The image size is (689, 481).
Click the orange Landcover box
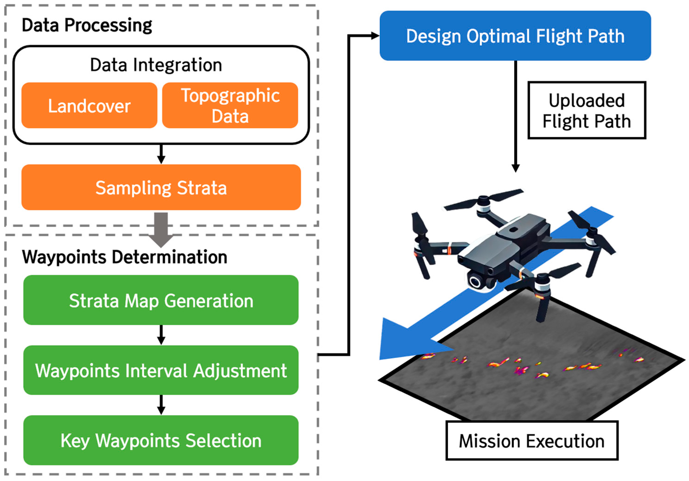pyautogui.click(x=89, y=105)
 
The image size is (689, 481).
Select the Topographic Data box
pyautogui.click(x=230, y=105)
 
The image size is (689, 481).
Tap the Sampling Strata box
pyautogui.click(x=161, y=187)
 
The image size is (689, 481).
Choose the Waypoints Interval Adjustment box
pyautogui.click(x=161, y=370)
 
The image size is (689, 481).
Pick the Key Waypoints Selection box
pyautogui.click(x=161, y=440)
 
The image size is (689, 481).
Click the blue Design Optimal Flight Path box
pyautogui.click(x=515, y=36)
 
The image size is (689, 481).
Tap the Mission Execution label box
pyautogui.click(x=531, y=440)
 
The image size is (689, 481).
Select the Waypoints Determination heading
pyautogui.click(x=124, y=257)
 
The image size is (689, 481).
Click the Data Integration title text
pyautogui.click(x=156, y=65)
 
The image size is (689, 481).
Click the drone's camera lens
pyautogui.click(x=475, y=282)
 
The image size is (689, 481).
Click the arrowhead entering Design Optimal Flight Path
pyautogui.click(x=375, y=36)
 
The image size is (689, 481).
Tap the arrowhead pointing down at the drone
pyautogui.click(x=516, y=168)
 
